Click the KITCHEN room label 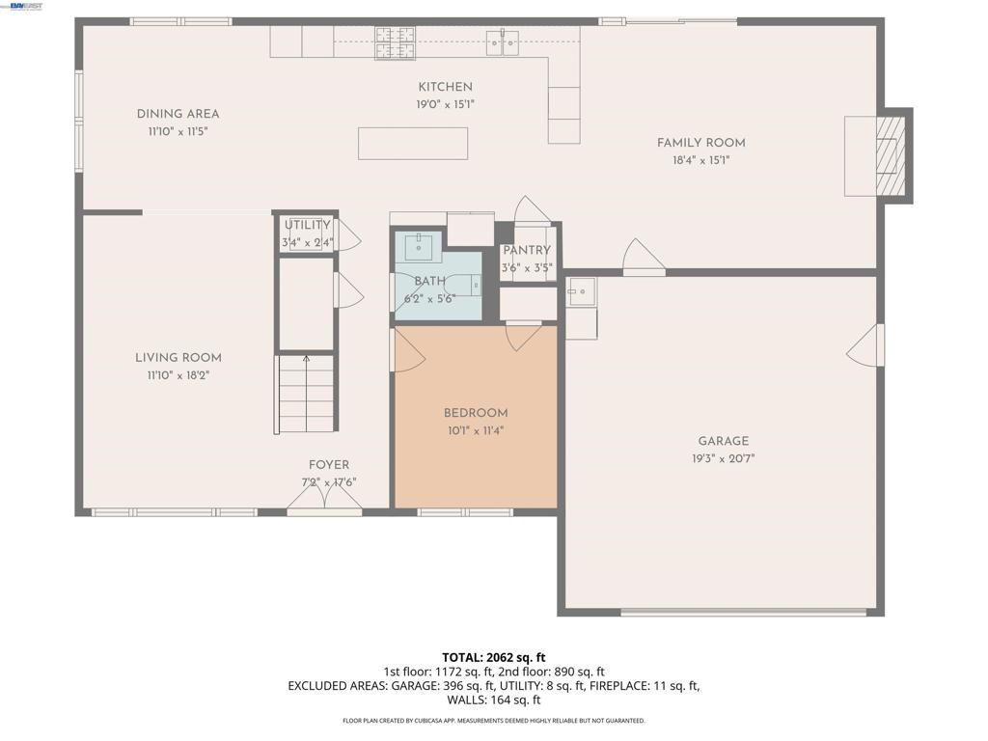[x=445, y=87]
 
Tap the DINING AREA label [x=178, y=114]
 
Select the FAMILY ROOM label [x=700, y=143]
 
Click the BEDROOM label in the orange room [x=476, y=413]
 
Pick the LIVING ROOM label [x=178, y=358]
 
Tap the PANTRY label [x=526, y=250]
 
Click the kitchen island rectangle [x=413, y=143]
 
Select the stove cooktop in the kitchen [x=395, y=41]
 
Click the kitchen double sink [x=502, y=41]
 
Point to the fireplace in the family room [x=889, y=155]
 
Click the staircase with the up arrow [x=306, y=394]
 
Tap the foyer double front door [x=324, y=497]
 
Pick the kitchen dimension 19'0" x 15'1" [x=445, y=104]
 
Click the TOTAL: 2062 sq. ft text [x=494, y=658]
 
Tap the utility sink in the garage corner [x=581, y=290]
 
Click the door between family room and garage [x=644, y=259]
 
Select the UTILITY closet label [x=307, y=225]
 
